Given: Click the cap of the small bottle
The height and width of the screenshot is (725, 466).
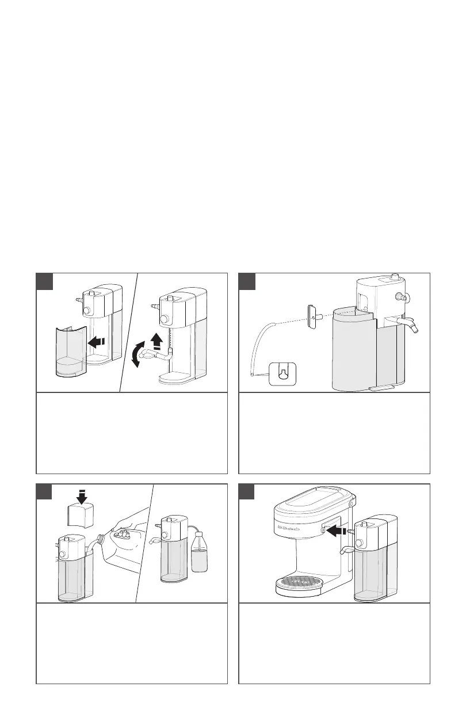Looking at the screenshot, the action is pos(199,531).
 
